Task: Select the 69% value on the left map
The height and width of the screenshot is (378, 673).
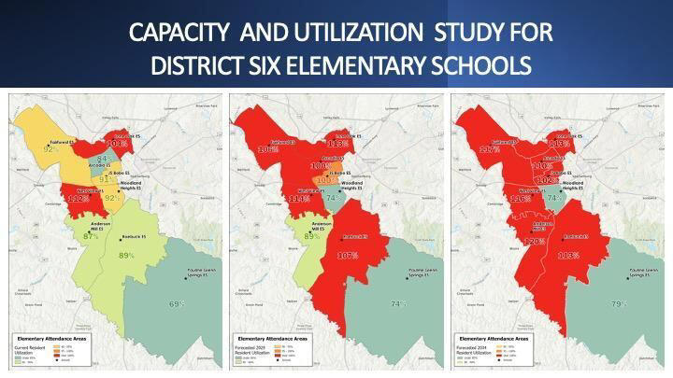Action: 176,304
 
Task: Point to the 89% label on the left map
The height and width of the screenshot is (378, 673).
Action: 126,256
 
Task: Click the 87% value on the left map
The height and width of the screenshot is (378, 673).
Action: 91,236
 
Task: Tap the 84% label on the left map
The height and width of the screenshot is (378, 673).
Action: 104,160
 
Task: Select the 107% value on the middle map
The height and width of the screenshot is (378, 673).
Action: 347,255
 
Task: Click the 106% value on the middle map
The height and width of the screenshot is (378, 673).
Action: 266,149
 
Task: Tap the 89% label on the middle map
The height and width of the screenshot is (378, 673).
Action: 312,236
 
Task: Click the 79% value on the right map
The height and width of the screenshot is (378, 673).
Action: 617,304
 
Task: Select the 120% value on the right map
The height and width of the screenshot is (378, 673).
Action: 534,241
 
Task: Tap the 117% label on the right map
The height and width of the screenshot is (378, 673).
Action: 489,149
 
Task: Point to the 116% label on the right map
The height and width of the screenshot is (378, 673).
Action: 521,199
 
